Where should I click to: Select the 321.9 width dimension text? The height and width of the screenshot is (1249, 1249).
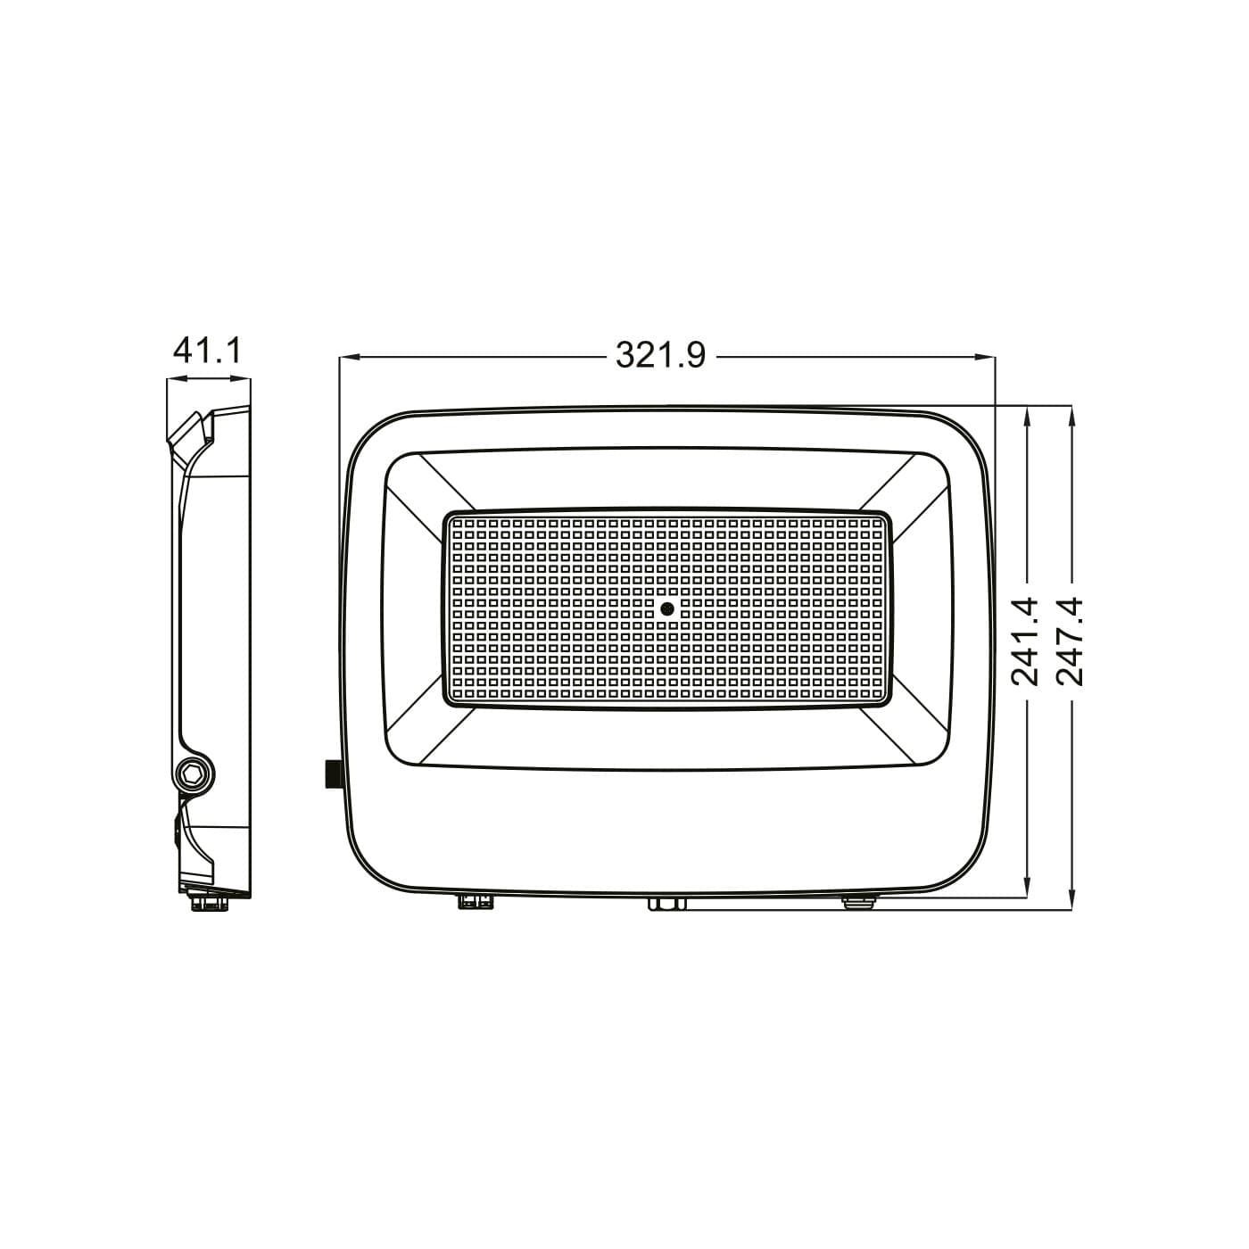click(660, 356)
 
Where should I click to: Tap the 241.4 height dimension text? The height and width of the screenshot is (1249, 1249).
click(1025, 641)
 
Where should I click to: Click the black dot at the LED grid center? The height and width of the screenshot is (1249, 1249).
click(666, 608)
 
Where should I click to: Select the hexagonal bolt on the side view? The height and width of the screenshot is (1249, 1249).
click(194, 773)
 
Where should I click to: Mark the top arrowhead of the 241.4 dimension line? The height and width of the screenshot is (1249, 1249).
click(1026, 416)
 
